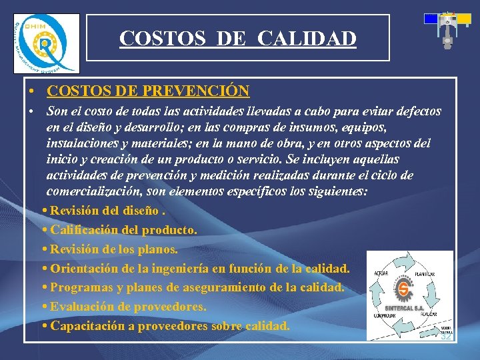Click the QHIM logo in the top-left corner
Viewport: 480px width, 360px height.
(x=46, y=44)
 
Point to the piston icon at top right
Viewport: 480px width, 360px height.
(x=447, y=29)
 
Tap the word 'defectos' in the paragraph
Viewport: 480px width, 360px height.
(x=416, y=111)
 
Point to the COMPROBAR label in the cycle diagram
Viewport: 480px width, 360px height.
(x=387, y=315)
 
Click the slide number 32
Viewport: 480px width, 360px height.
(x=446, y=337)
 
